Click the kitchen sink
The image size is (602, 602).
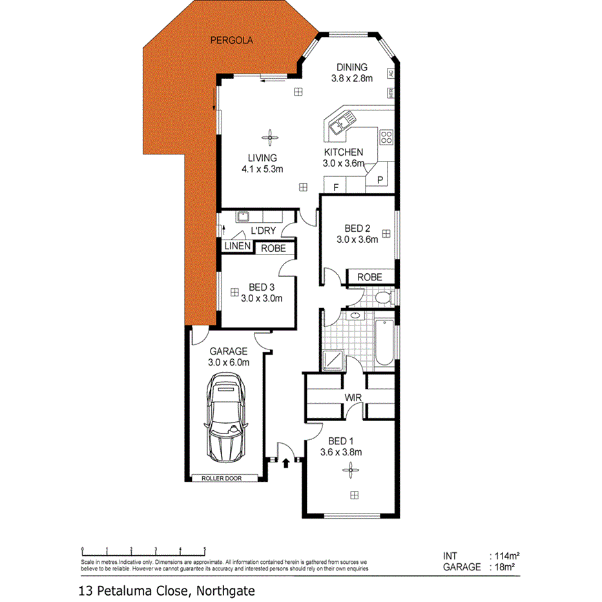340,122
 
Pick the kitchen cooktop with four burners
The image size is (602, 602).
386,136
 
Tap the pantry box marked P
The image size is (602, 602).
380,180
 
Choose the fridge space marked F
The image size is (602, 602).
335,187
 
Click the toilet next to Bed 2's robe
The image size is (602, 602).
384,298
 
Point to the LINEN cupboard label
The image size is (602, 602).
237,247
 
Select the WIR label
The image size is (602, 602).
352,397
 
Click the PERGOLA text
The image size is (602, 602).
231,40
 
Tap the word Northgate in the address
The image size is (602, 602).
226,590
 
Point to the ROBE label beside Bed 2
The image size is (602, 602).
370,277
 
